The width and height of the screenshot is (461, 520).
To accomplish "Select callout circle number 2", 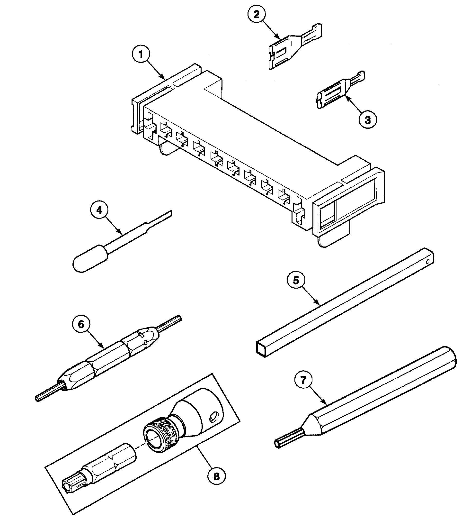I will click(x=257, y=15).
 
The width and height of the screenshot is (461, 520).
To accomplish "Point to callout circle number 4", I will click(x=99, y=210).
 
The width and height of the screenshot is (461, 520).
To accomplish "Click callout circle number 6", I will click(x=81, y=325).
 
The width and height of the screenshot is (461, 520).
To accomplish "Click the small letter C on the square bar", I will click(x=427, y=261).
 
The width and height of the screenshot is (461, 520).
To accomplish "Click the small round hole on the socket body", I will click(x=214, y=416).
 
